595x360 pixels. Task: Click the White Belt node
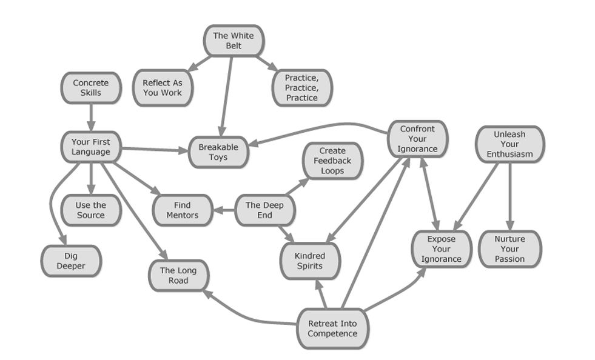(x=233, y=41)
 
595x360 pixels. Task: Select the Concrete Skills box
(x=90, y=88)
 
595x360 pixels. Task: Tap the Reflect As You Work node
(x=162, y=88)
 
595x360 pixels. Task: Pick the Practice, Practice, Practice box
(x=301, y=88)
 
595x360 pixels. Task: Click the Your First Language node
(x=90, y=147)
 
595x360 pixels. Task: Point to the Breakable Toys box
(x=218, y=152)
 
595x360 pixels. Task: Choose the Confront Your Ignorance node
(x=417, y=139)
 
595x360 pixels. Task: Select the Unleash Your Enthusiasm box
(x=509, y=144)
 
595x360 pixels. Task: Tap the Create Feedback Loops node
(x=332, y=161)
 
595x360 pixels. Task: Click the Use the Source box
(x=90, y=210)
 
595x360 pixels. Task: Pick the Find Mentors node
(x=182, y=210)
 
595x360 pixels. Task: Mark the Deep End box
(x=264, y=210)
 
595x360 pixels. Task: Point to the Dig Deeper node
(x=71, y=261)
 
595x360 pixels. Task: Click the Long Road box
(x=178, y=276)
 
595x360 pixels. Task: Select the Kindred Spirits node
(x=310, y=261)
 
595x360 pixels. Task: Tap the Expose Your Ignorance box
(x=441, y=249)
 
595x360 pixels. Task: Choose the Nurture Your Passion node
(x=509, y=249)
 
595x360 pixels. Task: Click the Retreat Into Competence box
(x=332, y=328)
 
